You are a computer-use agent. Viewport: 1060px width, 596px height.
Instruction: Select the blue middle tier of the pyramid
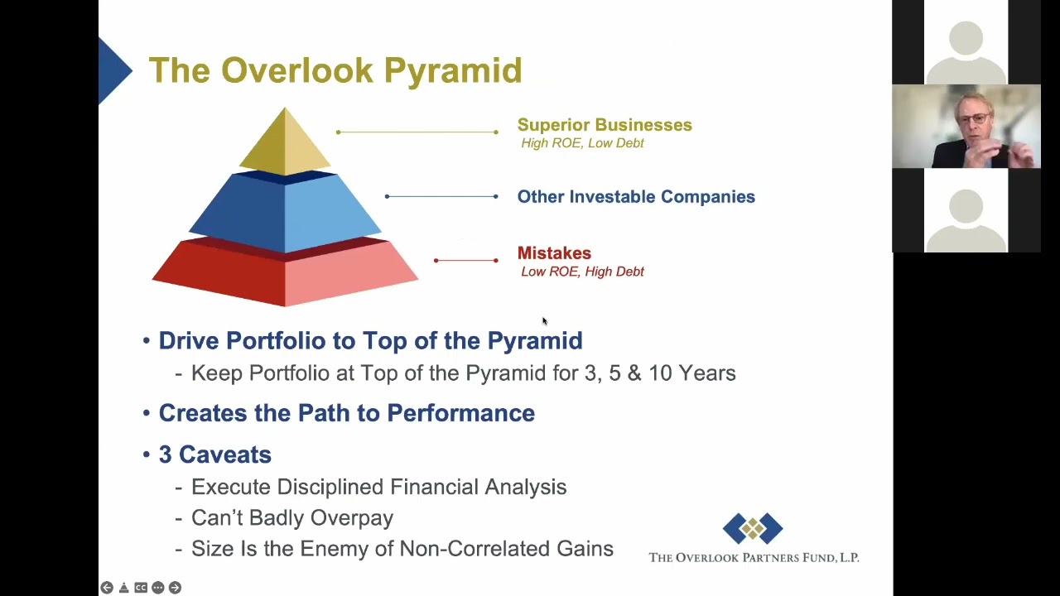click(285, 213)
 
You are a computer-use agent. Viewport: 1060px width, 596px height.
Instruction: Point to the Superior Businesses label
click(605, 125)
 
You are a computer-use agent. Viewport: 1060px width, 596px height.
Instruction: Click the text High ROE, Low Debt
click(582, 143)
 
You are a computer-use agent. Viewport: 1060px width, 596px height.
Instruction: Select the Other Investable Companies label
click(636, 196)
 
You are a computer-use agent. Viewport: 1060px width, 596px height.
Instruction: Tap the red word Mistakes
click(554, 253)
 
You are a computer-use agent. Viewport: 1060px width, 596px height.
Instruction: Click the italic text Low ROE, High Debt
click(582, 272)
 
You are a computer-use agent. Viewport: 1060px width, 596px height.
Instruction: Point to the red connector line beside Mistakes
click(466, 260)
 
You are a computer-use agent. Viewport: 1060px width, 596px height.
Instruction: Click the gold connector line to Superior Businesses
click(417, 132)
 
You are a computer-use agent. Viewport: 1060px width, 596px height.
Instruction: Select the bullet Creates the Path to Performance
click(347, 413)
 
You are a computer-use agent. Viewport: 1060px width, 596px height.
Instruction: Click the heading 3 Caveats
click(214, 454)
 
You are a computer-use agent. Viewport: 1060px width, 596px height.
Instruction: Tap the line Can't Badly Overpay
click(292, 518)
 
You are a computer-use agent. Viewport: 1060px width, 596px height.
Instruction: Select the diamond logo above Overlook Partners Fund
click(753, 528)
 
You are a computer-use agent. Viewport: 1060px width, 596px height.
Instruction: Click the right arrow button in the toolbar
click(175, 588)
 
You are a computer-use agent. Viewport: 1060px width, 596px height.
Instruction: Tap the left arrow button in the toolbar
click(107, 588)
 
